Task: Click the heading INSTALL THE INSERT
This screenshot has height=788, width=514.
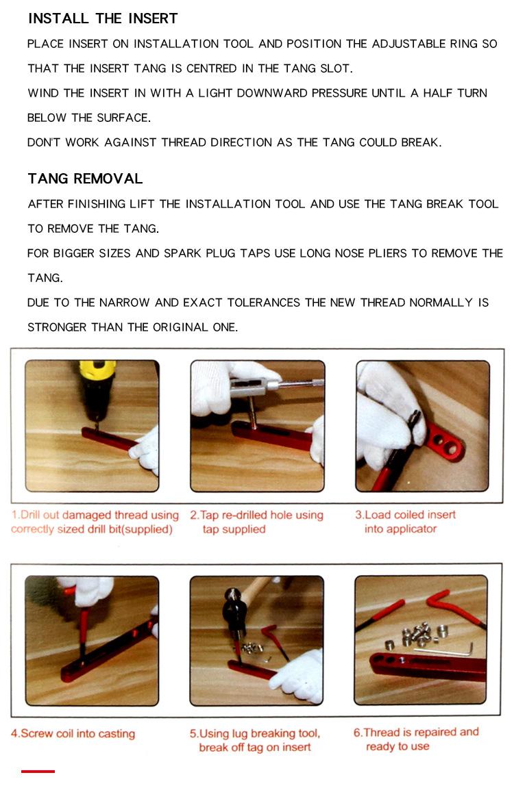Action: coord(103,18)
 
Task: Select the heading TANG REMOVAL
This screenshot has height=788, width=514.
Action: coord(86,179)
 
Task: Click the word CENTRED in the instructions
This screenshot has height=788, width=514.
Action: coord(211,68)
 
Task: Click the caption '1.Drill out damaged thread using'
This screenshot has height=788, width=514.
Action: coord(95,515)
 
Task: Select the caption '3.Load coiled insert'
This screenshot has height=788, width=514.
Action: coord(405,515)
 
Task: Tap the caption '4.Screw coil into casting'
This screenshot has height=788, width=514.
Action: coord(73,734)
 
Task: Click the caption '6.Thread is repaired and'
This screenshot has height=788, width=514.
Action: coord(416,733)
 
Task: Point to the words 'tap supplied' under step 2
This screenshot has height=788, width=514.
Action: coord(234,529)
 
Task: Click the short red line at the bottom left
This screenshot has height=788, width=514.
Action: coord(38,771)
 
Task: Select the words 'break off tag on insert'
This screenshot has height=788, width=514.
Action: coord(255,748)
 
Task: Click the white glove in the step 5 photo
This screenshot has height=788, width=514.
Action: coord(299,676)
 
